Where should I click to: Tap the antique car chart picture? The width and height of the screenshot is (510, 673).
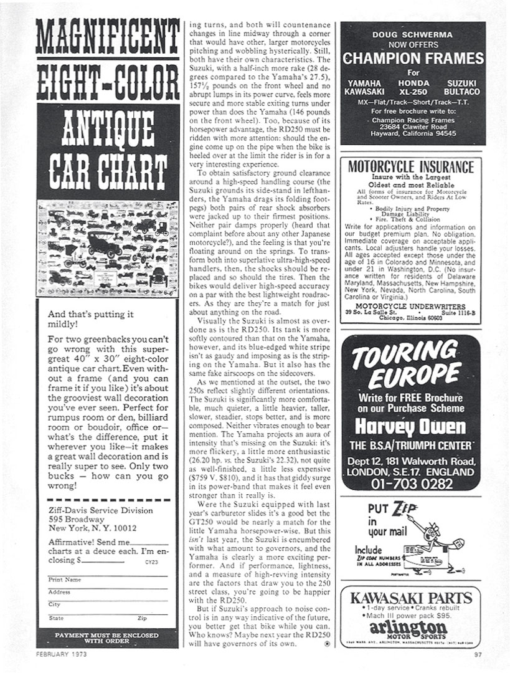[x=107, y=247]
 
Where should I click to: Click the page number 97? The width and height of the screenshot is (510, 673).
[x=478, y=654]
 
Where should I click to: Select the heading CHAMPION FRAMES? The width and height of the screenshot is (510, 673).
[x=413, y=59]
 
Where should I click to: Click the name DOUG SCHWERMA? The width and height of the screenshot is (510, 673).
[x=413, y=35]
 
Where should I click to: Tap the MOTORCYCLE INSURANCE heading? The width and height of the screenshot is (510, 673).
[x=410, y=167]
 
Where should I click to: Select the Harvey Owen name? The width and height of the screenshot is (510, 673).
[x=410, y=426]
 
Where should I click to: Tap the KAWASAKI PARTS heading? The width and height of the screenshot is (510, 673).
[x=411, y=599]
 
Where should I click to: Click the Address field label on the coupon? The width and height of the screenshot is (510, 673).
[x=59, y=592]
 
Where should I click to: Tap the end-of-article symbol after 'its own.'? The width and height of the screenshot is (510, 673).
[x=328, y=644]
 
